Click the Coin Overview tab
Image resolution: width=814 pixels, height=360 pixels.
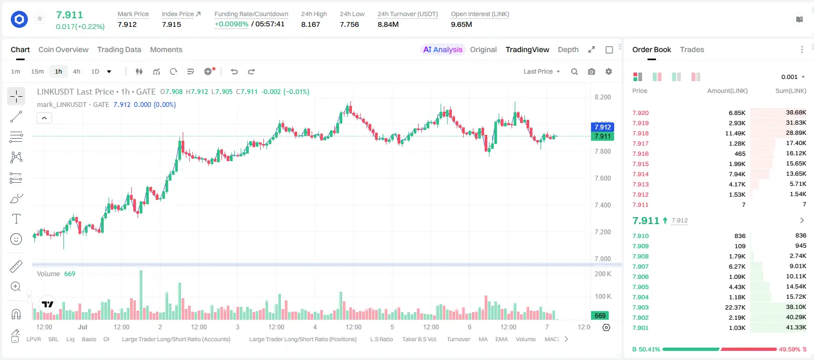click(x=63, y=49)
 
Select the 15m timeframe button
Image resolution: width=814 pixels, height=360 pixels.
click(x=37, y=71)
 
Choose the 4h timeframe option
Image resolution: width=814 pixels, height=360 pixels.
click(x=76, y=71)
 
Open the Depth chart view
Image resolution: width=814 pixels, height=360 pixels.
click(x=568, y=49)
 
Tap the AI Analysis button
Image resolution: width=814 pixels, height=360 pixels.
click(x=443, y=49)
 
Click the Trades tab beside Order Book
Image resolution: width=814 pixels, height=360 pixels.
click(x=692, y=49)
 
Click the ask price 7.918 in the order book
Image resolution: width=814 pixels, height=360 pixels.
click(x=640, y=133)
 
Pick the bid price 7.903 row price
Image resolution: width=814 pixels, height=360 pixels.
click(x=640, y=307)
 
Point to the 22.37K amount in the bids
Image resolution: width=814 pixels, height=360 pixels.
click(x=735, y=307)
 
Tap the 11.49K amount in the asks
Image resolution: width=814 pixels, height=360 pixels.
click(x=735, y=133)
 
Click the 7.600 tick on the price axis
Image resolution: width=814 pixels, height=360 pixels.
click(x=602, y=178)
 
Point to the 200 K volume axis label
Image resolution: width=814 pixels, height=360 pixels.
click(x=603, y=273)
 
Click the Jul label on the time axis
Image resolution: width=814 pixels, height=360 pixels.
click(x=83, y=327)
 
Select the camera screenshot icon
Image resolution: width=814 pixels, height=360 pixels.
click(x=592, y=71)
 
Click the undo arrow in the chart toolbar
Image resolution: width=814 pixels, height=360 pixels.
click(x=234, y=71)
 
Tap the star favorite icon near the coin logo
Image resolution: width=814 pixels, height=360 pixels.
click(x=40, y=18)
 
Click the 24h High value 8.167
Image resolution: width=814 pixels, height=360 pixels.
click(x=311, y=24)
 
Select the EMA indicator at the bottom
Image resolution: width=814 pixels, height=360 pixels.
click(x=501, y=339)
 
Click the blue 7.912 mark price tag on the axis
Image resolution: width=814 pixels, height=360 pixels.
click(x=602, y=127)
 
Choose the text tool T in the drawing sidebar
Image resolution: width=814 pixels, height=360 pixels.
click(x=16, y=219)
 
